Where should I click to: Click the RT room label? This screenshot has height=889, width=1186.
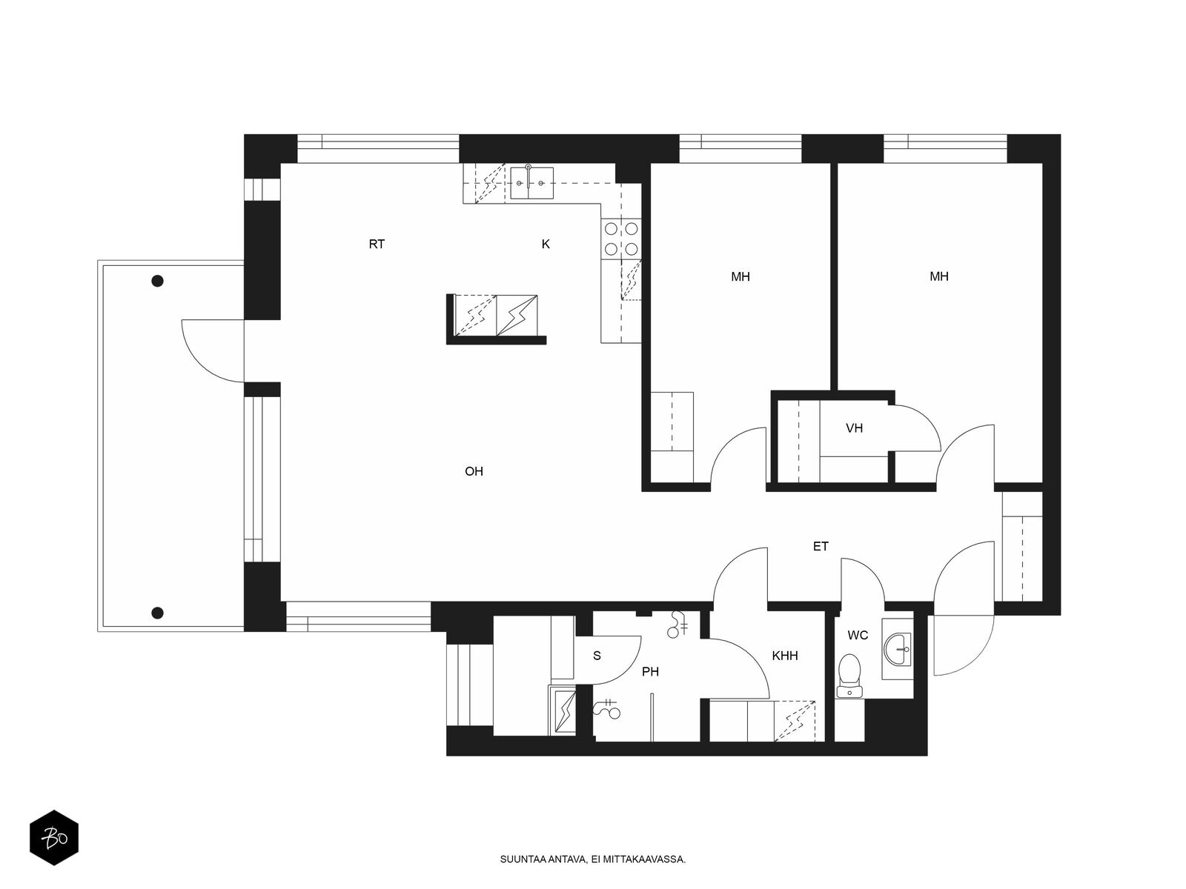(377, 244)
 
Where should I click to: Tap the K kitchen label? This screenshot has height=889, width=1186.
(546, 244)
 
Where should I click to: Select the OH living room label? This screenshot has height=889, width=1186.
(474, 472)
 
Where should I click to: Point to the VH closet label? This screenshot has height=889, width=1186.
(854, 429)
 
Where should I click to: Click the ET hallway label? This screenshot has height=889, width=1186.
(821, 547)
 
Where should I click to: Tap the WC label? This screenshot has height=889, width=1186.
(858, 636)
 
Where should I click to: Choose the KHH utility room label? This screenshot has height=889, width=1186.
(785, 656)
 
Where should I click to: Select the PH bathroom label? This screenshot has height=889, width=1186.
(651, 672)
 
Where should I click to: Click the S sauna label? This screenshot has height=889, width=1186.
(597, 656)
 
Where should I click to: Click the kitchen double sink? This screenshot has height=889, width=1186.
(532, 182)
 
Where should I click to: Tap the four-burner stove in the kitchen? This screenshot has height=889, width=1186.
(621, 239)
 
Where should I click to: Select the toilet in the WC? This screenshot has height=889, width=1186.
(850, 676)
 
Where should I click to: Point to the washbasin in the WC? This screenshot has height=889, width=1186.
(898, 650)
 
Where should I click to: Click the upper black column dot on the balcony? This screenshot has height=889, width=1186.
(157, 282)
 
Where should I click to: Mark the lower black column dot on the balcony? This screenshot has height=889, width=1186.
(157, 613)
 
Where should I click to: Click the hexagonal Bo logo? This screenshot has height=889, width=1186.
(54, 839)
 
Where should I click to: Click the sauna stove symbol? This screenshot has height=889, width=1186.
(563, 710)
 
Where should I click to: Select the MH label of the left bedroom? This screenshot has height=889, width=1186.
(741, 277)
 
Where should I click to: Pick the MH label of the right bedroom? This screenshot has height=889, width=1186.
(939, 277)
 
